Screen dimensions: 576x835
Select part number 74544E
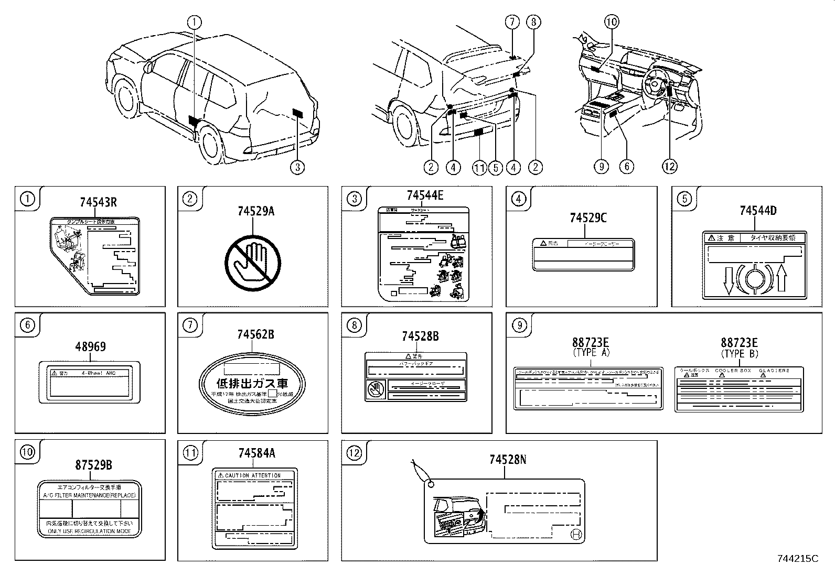point(424,196)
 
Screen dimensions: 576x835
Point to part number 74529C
point(588,218)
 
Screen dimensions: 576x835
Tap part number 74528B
point(420,336)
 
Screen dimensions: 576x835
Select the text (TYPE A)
point(591,353)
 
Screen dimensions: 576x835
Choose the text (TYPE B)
point(740,353)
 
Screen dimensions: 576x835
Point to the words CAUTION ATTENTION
point(253,475)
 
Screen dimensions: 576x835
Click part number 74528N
point(508,460)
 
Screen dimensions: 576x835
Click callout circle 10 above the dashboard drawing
point(612,22)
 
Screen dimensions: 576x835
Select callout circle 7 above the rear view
point(512,22)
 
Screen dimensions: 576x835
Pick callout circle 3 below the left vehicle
point(297,167)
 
